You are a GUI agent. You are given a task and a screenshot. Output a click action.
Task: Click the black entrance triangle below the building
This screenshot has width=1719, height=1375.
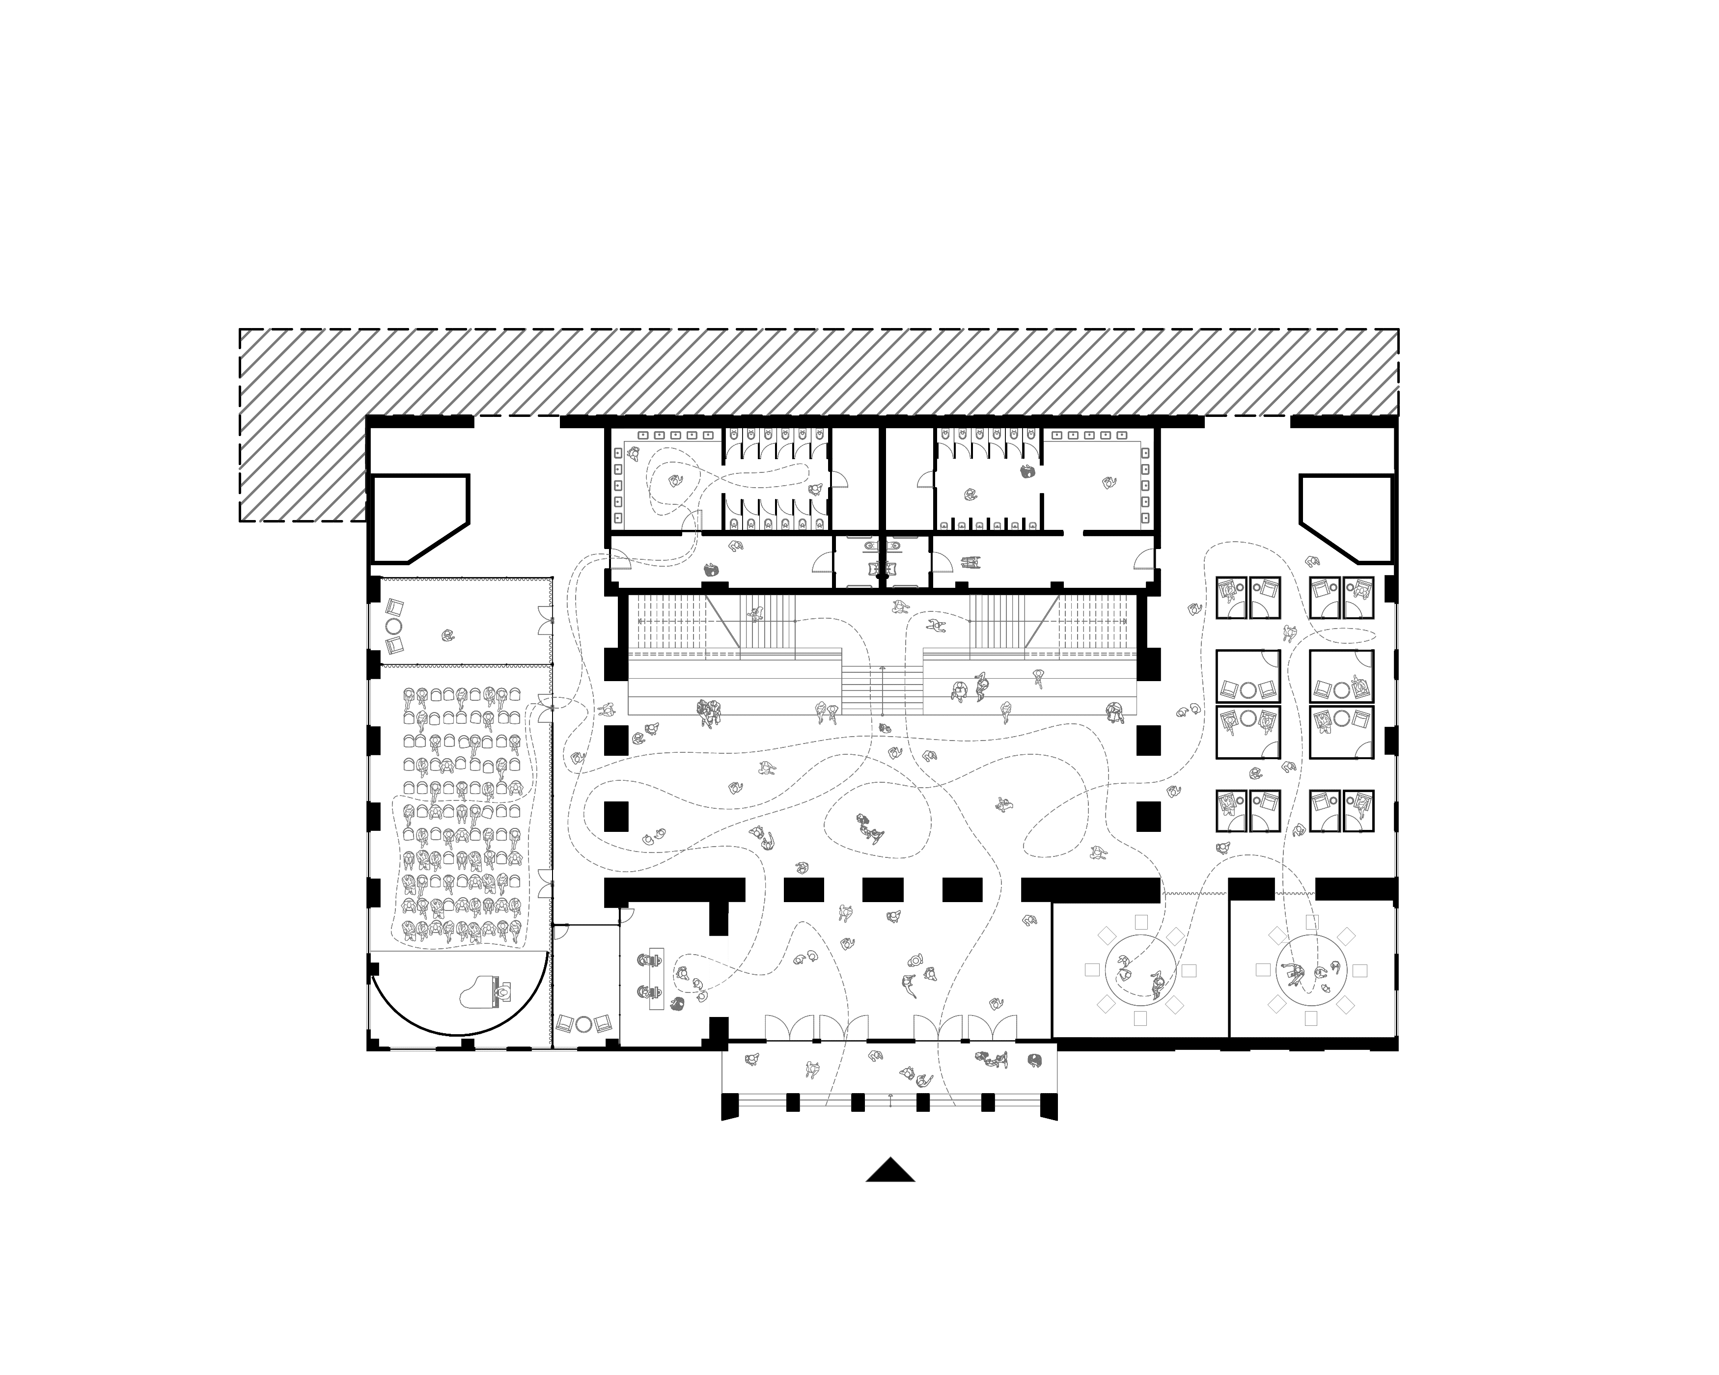pos(890,1170)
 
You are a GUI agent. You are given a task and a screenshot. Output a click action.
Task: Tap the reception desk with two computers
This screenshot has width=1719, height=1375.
pos(657,980)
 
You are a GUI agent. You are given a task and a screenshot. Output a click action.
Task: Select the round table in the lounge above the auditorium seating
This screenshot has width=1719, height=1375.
pos(394,627)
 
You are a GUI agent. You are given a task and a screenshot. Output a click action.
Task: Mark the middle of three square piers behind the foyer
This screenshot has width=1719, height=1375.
pos(883,889)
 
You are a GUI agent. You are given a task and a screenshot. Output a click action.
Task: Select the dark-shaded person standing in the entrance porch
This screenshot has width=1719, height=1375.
pos(1035,1059)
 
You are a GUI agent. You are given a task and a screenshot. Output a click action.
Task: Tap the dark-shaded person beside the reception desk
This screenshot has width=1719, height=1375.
pos(678,1004)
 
